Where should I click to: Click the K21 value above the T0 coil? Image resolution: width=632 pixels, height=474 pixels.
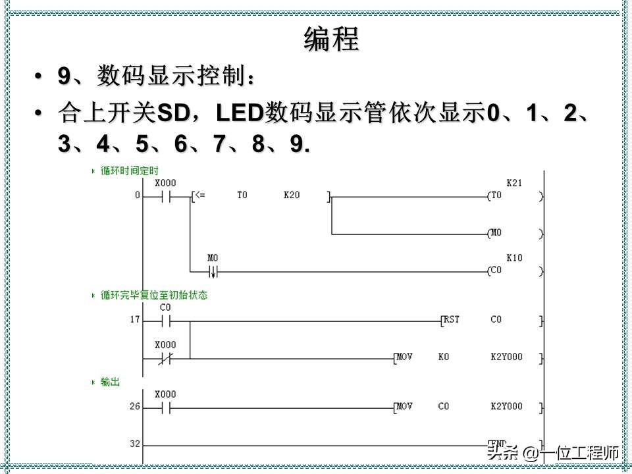coord(514,183)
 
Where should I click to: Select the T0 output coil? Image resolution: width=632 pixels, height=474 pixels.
coord(495,196)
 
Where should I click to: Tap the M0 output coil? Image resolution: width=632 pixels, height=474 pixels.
coord(495,234)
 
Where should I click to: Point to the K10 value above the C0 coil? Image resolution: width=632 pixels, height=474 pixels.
coord(514,258)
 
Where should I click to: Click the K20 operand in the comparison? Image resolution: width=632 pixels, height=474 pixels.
coord(291,196)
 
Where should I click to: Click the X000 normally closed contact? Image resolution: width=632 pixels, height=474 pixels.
coord(165,359)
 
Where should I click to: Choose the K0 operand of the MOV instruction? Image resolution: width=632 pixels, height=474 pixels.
coord(443,357)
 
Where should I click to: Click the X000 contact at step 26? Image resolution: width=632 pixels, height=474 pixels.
coord(165,408)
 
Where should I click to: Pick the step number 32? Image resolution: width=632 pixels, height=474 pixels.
coord(135,444)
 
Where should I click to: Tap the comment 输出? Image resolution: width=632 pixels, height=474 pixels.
coord(110,382)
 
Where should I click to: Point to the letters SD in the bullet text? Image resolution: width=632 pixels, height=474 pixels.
coord(174,113)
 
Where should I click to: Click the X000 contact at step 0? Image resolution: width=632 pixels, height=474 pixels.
coord(165,196)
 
